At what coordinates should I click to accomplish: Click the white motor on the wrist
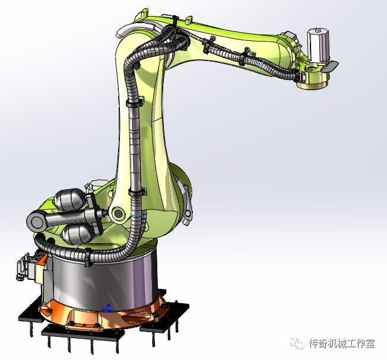coord(318,44)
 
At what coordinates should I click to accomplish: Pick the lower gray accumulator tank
coord(78,233)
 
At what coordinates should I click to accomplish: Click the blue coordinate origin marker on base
coord(107,308)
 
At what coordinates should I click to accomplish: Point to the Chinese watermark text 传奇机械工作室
coord(342,344)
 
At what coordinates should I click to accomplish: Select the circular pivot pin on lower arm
coord(117,214)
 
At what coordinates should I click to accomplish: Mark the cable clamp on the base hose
coord(87,257)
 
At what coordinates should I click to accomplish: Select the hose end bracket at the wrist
coord(297,75)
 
